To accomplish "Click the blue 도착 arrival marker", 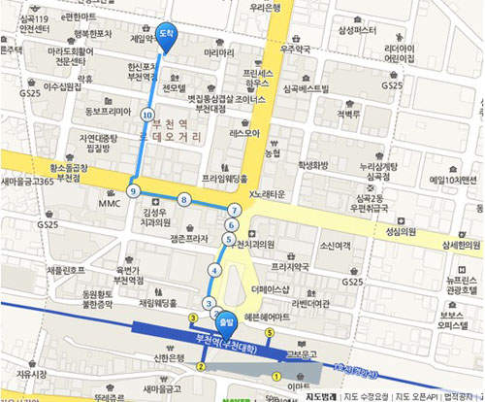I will [x=166, y=34].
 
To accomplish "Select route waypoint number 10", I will [x=147, y=115].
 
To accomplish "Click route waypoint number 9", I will [x=133, y=190].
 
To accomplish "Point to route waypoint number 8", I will [x=183, y=200].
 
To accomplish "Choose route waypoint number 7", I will [x=234, y=210].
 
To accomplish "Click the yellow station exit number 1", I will [x=275, y=377].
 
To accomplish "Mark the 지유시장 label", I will [x=32, y=373].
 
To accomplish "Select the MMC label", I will [x=110, y=204].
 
